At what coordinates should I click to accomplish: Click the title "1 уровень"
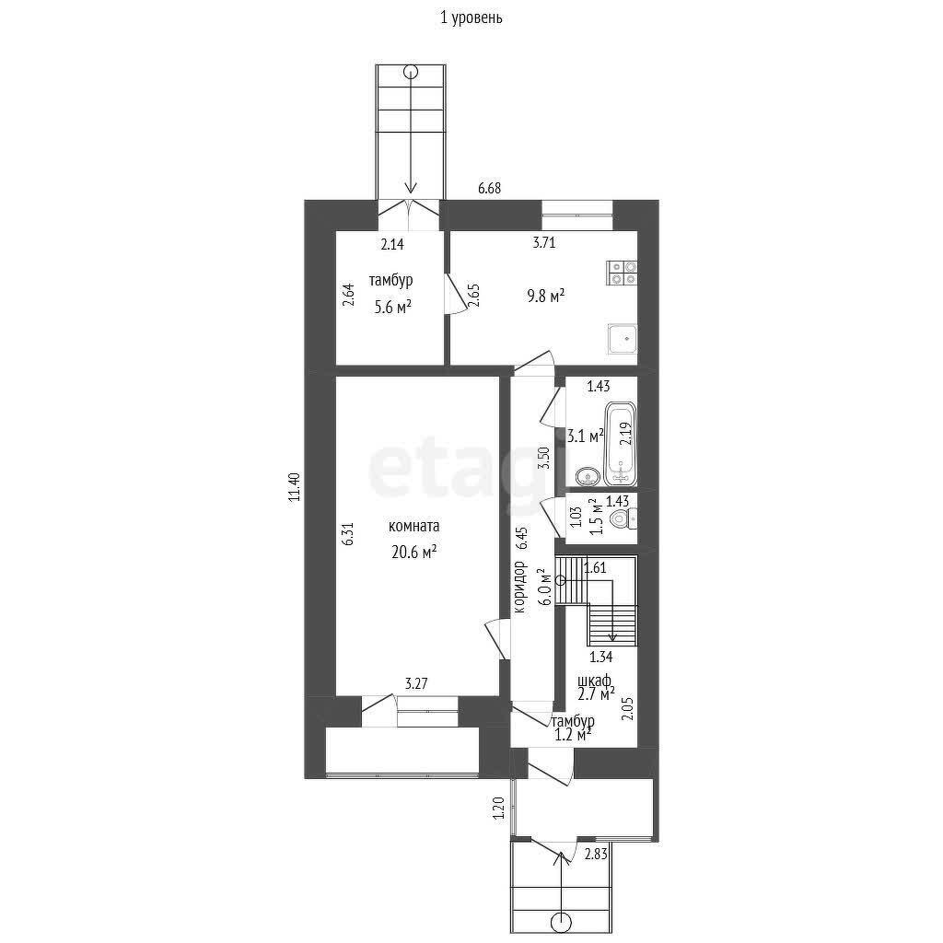click(x=471, y=18)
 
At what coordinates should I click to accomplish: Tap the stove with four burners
click(x=622, y=273)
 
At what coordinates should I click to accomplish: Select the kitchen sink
click(x=622, y=339)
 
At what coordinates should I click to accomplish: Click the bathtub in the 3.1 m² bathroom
click(x=620, y=444)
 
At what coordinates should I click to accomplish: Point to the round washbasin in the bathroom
click(x=587, y=478)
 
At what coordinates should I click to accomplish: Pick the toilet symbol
click(x=623, y=518)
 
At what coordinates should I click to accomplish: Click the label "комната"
click(x=413, y=526)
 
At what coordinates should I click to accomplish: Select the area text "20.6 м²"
click(x=413, y=553)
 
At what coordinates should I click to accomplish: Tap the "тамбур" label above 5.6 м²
click(x=390, y=280)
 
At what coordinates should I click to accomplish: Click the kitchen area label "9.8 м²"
click(x=546, y=296)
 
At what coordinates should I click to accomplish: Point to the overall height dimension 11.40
click(x=294, y=487)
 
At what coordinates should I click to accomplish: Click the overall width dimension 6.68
click(x=490, y=188)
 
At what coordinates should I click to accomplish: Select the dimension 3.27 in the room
click(x=416, y=684)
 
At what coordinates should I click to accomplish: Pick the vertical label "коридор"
click(x=519, y=587)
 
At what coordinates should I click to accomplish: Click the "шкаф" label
click(x=594, y=681)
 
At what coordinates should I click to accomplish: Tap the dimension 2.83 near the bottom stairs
click(x=596, y=854)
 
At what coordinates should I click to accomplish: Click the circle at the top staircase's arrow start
click(x=411, y=72)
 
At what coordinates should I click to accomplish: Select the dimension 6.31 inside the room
click(x=348, y=533)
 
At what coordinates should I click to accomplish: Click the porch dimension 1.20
click(x=498, y=809)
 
